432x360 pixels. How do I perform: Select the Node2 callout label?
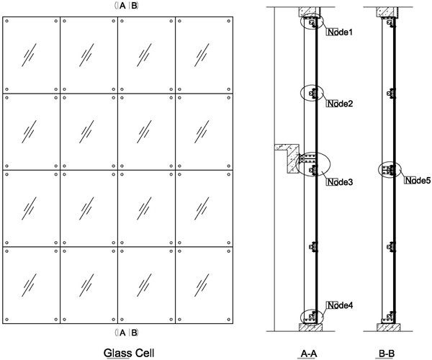341,104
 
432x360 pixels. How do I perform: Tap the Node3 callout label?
341,181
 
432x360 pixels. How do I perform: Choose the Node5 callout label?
418,180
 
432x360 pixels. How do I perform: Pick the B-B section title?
388,352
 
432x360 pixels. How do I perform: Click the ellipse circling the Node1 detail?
314,24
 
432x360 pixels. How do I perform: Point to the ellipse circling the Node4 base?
312,316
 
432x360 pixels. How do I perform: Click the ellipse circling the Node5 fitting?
389,171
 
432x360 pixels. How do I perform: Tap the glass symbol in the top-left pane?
32,56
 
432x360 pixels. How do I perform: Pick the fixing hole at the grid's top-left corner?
7,21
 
